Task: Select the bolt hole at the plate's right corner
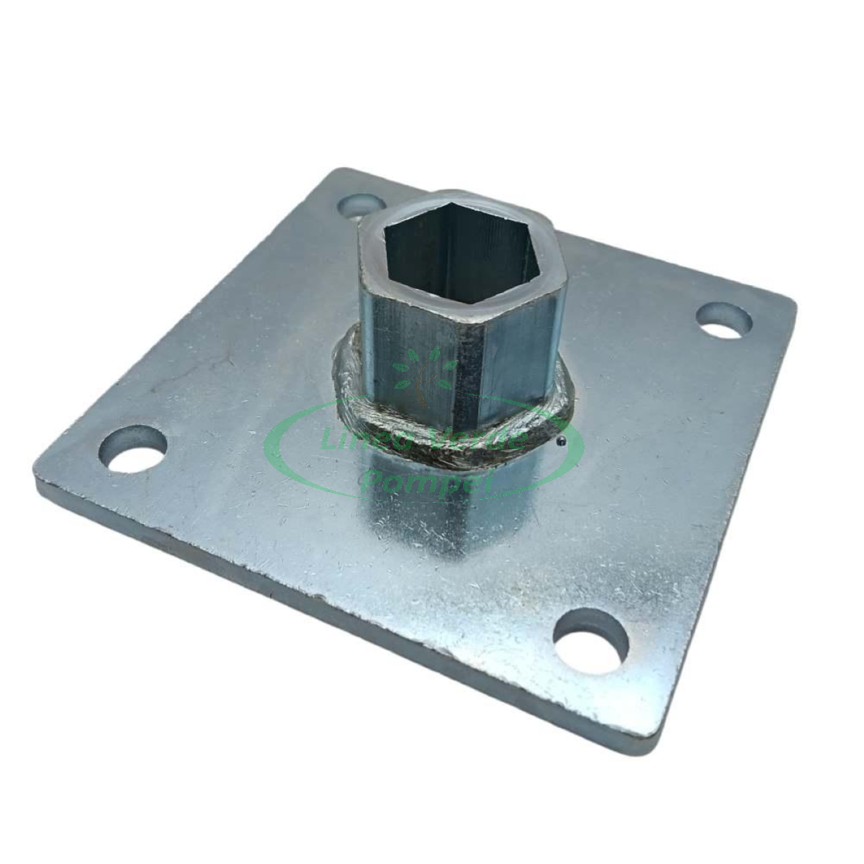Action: pyautogui.click(x=724, y=320)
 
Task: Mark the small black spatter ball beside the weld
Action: pyautogui.click(x=560, y=441)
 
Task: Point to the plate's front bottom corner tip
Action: pyautogui.click(x=648, y=749)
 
